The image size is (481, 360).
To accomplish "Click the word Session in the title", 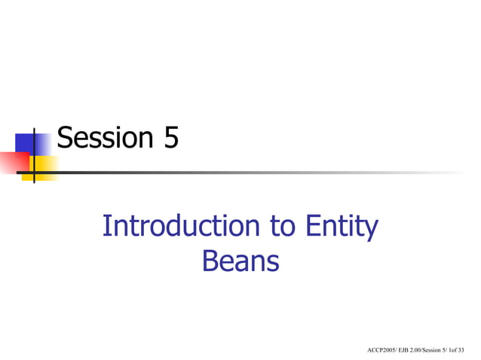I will (104, 138).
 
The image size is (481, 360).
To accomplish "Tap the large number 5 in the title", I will (170, 138).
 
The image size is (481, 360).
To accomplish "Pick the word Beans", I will (240, 261).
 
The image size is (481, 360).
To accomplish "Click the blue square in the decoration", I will (26, 142).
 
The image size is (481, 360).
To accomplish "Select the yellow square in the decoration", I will (44, 167).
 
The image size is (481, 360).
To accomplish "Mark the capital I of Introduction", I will (106, 226).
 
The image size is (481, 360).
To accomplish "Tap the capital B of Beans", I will (210, 261).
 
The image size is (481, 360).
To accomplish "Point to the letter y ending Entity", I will (371, 229).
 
